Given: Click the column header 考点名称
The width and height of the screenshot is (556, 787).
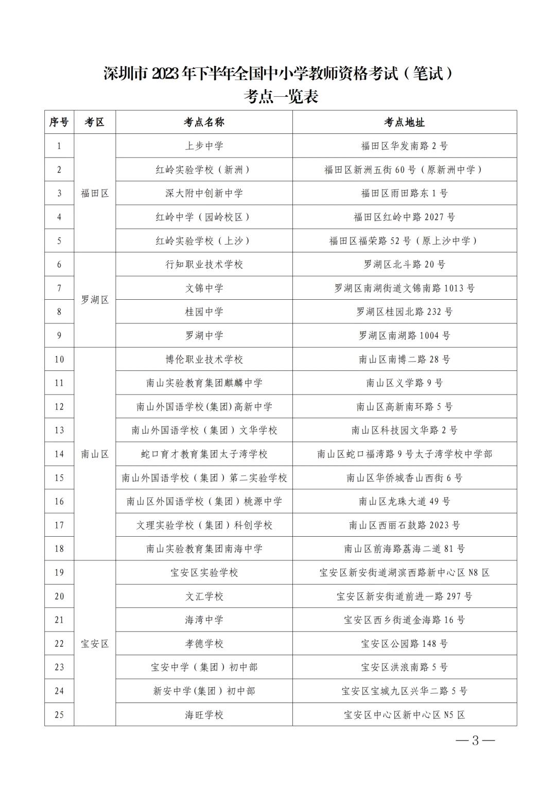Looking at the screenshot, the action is point(204,122).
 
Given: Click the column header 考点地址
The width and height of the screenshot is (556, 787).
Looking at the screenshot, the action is point(404,122).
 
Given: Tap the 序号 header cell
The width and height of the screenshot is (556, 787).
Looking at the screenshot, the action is point(59,122).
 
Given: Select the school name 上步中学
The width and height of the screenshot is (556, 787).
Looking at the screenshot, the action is point(204,146).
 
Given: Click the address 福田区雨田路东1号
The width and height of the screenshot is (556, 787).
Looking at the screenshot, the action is point(404,193).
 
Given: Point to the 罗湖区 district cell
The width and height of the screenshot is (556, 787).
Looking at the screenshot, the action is point(95,300).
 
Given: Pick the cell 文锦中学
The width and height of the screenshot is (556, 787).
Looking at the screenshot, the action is point(204,288).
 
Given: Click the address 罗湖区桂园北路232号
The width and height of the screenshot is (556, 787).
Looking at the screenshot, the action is point(404,312).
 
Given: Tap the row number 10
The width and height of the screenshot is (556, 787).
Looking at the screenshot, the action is point(59,359).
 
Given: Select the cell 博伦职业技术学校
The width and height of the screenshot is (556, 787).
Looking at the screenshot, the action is point(204,359).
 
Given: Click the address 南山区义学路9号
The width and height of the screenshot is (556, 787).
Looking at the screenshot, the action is point(404,383).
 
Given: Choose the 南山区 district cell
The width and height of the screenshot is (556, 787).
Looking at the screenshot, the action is point(95,454).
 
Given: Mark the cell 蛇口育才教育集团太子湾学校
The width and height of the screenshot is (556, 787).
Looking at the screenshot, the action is point(204,454).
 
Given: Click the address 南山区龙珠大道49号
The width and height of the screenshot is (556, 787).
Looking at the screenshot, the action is point(404,501).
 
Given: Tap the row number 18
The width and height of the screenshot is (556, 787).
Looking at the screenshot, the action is point(59,549).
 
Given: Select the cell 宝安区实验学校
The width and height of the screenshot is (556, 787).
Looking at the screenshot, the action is point(204,572).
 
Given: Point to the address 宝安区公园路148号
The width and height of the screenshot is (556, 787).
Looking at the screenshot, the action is point(404,643).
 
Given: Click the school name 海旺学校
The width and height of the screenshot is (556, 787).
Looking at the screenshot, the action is point(204,714).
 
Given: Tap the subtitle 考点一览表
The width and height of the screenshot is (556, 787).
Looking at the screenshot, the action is point(281,96).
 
